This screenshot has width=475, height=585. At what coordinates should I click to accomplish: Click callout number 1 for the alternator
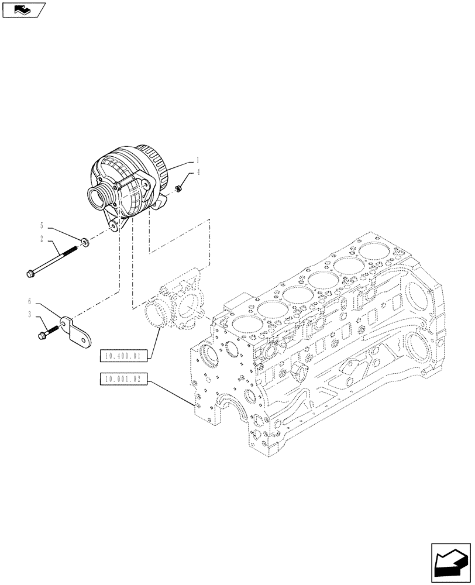(198, 159)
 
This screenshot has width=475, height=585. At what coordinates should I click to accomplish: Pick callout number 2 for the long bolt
(42, 239)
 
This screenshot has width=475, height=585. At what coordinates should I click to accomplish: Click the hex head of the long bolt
(30, 273)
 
